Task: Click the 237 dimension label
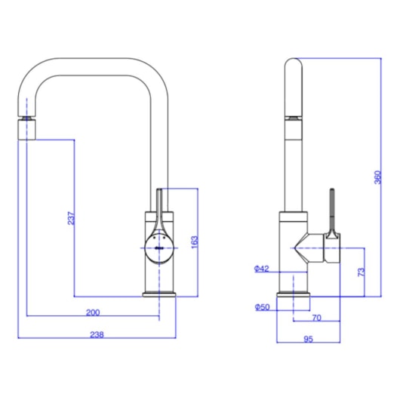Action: click(x=70, y=218)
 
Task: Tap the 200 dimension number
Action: click(x=93, y=312)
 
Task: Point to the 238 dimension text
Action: click(x=96, y=334)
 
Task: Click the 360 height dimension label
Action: click(x=377, y=178)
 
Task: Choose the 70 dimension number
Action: click(x=317, y=318)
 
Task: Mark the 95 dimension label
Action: click(x=308, y=340)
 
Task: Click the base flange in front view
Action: click(x=160, y=293)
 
